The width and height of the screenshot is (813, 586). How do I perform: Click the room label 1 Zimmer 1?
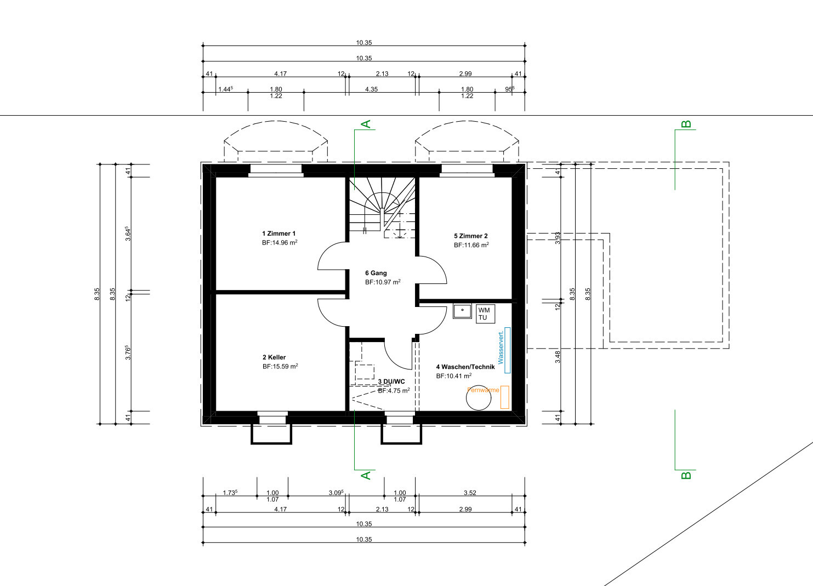[x=278, y=234]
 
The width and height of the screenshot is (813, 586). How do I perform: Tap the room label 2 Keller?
[x=274, y=357]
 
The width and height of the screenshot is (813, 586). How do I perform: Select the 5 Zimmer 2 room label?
[x=471, y=236]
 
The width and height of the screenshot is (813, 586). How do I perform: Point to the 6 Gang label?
[x=376, y=273]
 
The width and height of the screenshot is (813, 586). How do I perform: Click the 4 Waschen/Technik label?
[x=465, y=367]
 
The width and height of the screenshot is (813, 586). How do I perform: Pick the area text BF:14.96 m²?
[x=280, y=243]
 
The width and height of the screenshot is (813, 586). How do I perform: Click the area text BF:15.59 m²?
[x=280, y=367]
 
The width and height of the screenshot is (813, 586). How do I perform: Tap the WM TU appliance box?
[x=485, y=314]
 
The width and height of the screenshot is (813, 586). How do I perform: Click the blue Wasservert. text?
[x=501, y=347]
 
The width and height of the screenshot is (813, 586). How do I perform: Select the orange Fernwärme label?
[x=483, y=390]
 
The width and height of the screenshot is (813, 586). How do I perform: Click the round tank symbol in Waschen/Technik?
[x=479, y=397]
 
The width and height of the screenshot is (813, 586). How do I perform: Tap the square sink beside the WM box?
[x=462, y=311]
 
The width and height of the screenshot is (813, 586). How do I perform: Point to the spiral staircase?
[x=382, y=207]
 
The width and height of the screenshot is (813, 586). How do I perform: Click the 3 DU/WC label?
[x=391, y=382]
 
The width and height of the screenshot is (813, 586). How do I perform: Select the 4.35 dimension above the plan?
[x=371, y=89]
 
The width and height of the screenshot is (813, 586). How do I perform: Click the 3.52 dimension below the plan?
[x=470, y=493]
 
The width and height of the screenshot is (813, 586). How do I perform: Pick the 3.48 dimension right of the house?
[x=558, y=357]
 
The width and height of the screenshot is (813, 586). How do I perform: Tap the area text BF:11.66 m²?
[x=471, y=245]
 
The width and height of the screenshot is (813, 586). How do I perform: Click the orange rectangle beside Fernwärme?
[x=505, y=397]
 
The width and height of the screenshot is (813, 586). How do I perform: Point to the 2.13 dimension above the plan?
[x=382, y=73]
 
